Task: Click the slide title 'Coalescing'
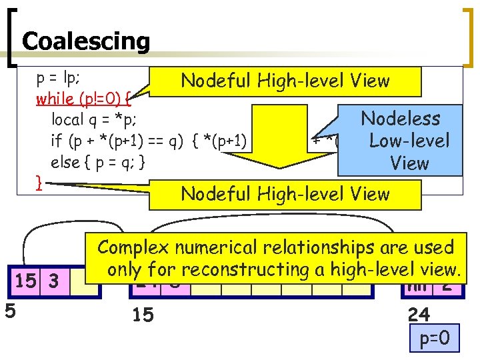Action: click(86, 41)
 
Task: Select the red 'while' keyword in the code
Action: click(56, 99)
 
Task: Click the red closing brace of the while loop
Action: click(39, 181)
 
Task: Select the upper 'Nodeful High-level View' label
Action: click(285, 81)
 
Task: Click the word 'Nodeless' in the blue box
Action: click(400, 119)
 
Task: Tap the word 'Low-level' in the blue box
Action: click(409, 141)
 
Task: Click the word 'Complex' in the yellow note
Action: click(131, 247)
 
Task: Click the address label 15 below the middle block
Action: click(143, 314)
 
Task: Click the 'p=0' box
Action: click(434, 339)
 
